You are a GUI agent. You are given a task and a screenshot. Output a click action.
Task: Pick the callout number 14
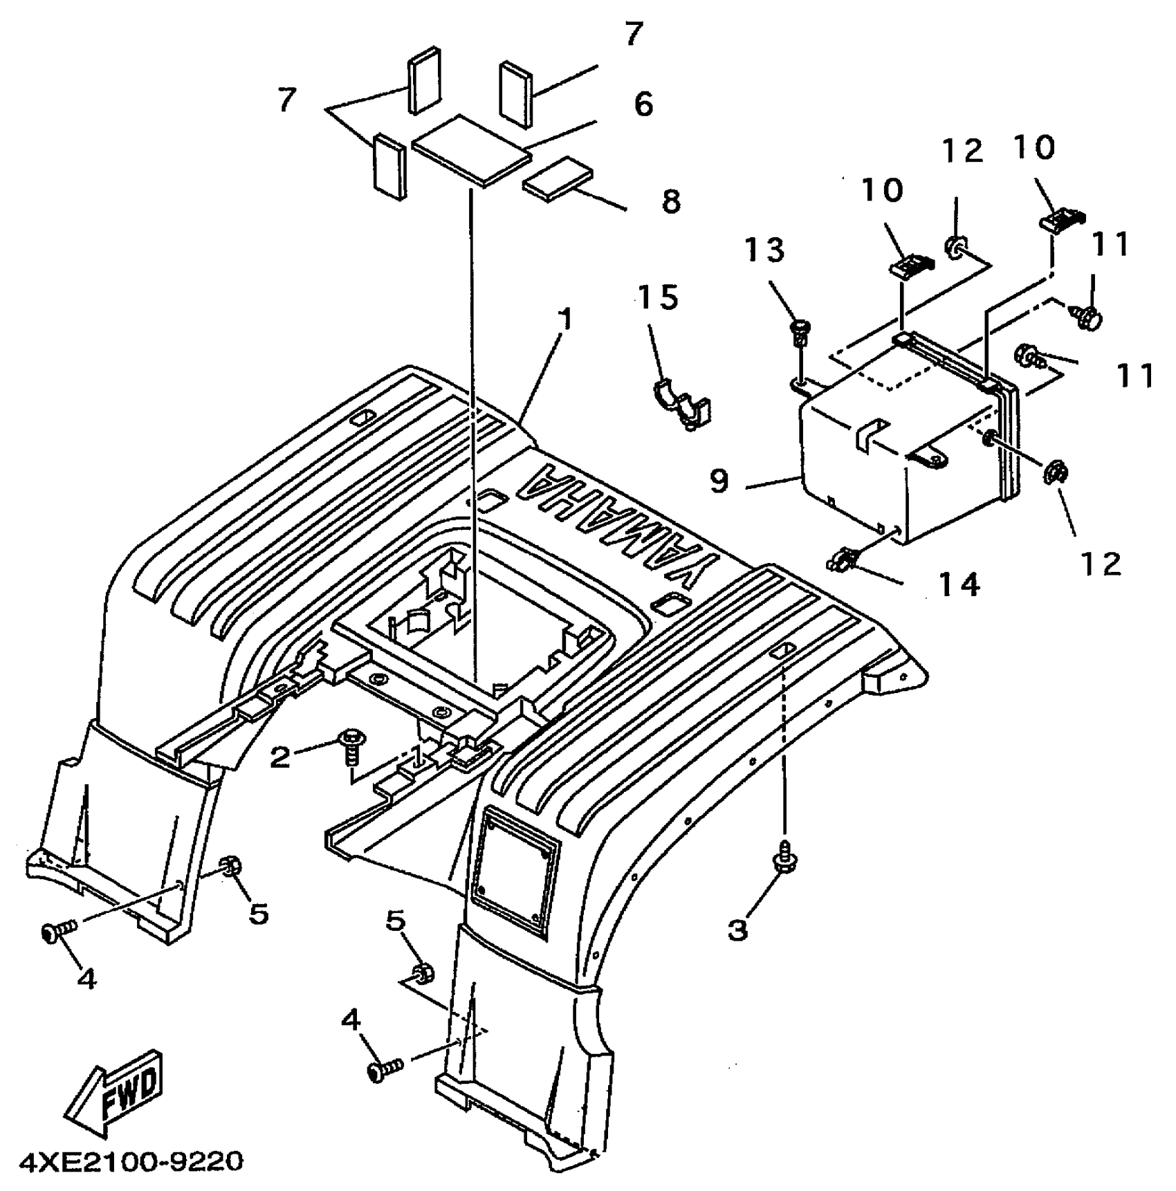tap(959, 584)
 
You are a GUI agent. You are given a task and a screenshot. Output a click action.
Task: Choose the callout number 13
tap(764, 250)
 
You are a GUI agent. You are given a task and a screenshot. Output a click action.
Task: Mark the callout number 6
tap(643, 104)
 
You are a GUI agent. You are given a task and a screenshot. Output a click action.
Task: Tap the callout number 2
tap(279, 757)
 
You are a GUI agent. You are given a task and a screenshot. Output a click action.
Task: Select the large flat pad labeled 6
tap(472, 150)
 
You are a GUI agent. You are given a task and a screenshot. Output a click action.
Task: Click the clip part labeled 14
tap(844, 557)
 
